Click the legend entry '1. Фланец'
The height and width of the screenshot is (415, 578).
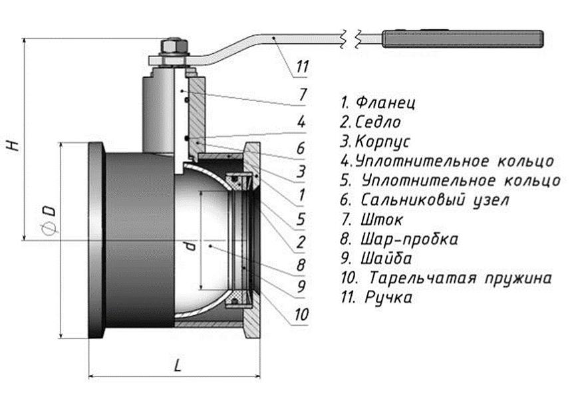click(378, 103)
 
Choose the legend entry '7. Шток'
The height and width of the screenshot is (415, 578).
click(372, 219)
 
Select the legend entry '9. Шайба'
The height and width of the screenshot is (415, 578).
click(376, 257)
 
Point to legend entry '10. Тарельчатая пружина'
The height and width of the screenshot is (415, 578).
click(445, 277)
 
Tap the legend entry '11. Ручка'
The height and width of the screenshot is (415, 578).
click(376, 297)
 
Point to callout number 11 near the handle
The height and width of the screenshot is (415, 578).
click(303, 67)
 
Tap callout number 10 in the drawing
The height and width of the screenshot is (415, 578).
click(301, 314)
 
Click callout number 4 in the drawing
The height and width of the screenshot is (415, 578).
click(301, 122)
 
